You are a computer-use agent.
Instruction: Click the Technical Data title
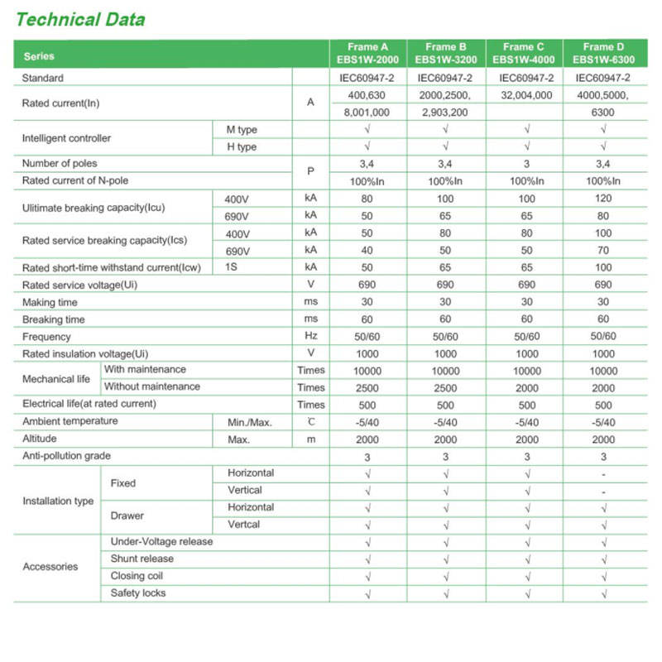[x=80, y=19]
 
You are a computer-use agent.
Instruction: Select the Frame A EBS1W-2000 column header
[x=367, y=53]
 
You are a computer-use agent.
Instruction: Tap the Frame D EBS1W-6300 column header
[x=603, y=53]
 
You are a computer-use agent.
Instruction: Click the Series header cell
[x=40, y=56]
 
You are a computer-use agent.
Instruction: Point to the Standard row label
[x=43, y=78]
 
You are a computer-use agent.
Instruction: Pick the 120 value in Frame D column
[x=603, y=199]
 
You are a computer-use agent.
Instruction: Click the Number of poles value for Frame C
[x=526, y=164]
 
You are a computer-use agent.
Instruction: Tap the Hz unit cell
[x=311, y=337]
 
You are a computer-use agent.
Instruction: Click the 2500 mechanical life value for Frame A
[x=367, y=387]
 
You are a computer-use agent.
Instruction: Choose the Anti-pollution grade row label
[x=66, y=456]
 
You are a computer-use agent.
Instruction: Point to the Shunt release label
[x=142, y=559]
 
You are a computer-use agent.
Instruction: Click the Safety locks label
[x=138, y=592]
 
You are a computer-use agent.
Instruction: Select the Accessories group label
[x=50, y=567]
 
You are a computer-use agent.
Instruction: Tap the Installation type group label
[x=58, y=501]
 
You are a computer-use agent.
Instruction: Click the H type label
[x=242, y=146]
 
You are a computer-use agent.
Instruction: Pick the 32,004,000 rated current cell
[x=526, y=95]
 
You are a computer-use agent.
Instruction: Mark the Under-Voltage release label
[x=161, y=541]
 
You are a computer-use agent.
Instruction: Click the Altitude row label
[x=40, y=439]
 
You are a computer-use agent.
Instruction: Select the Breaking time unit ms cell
[x=311, y=319]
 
